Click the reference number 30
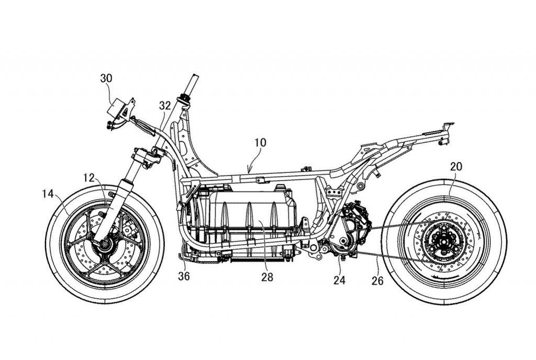coord(106,78)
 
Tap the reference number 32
coord(165,105)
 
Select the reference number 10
coord(261,142)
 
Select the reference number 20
coord(456,167)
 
